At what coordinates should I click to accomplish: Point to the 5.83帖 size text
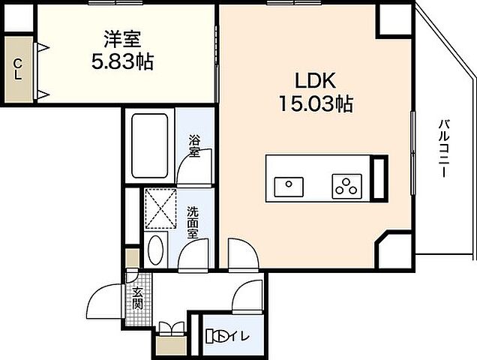click(x=121, y=61)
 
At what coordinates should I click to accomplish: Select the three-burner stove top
click(x=347, y=184)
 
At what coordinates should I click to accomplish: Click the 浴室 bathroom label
click(x=194, y=146)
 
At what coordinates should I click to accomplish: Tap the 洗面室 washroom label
click(x=193, y=222)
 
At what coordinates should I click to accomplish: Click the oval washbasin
click(x=157, y=250)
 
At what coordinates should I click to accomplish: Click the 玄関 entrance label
click(x=138, y=298)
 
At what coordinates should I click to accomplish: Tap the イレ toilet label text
click(x=241, y=334)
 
